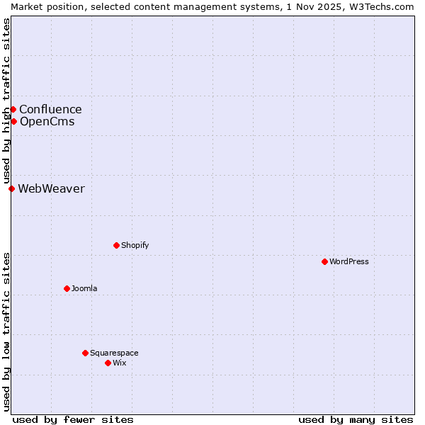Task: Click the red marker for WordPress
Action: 324,261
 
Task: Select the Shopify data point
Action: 116,245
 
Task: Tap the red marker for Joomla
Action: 67,288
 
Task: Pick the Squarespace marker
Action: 85,353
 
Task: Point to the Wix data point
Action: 108,363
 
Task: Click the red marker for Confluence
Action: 13,109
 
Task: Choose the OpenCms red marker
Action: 13,121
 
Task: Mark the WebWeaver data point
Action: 11,188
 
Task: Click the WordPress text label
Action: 349,261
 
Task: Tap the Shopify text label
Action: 135,245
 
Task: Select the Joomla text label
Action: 84,288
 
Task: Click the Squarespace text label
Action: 114,353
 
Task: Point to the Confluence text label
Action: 50,109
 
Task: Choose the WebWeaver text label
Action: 51,188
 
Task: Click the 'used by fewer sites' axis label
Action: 73,419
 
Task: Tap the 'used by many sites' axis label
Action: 356,419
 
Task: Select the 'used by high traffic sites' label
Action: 6,101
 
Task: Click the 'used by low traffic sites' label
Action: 6,331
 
